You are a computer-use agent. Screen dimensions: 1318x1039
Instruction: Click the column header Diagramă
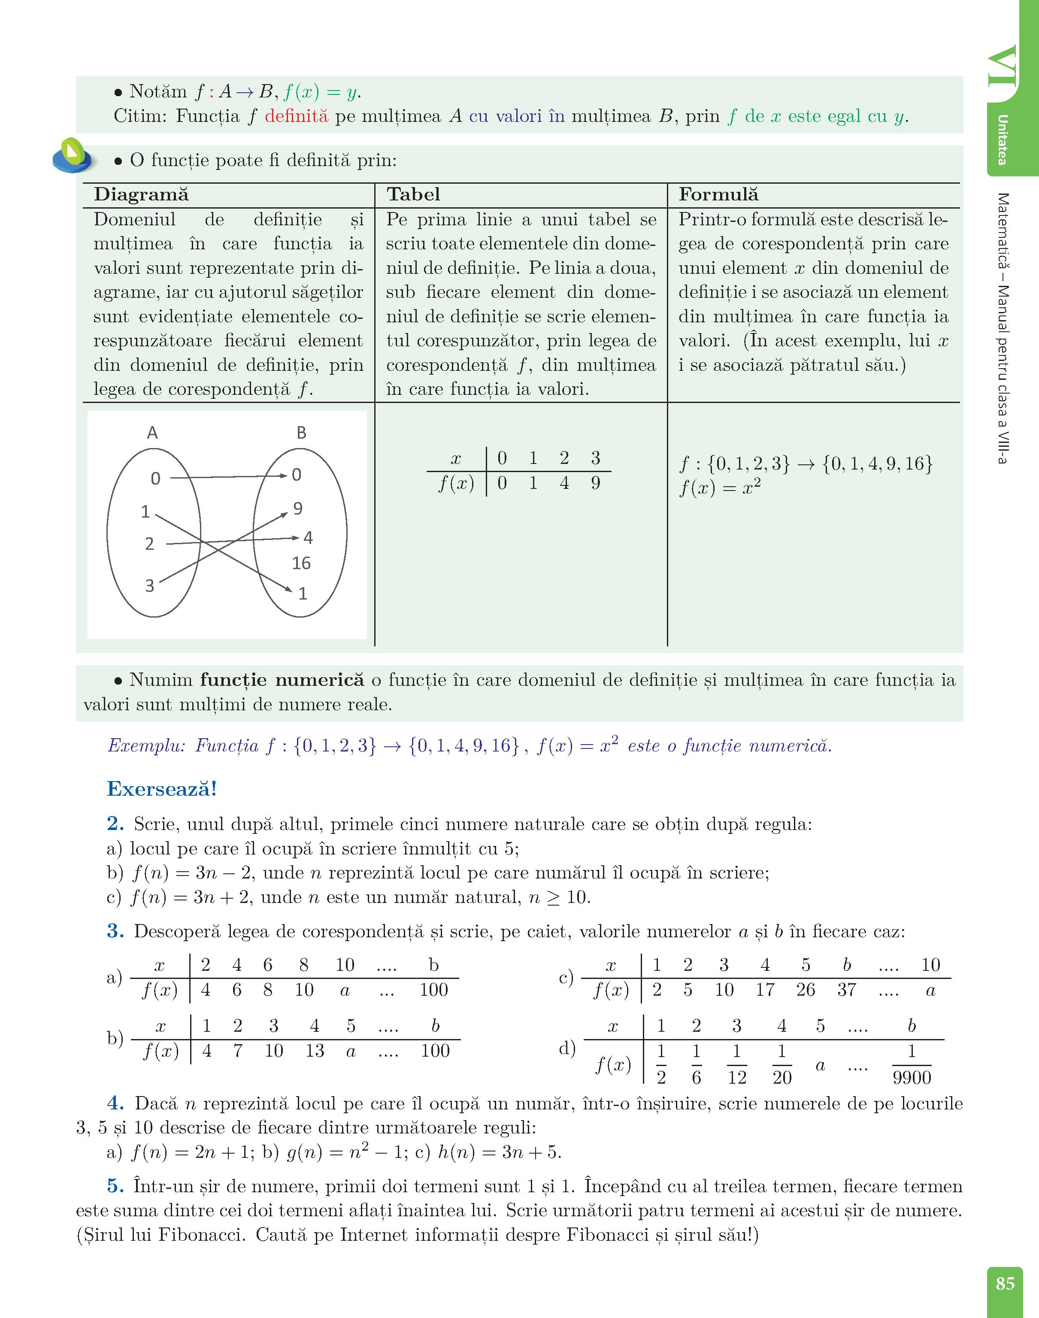pyautogui.click(x=141, y=194)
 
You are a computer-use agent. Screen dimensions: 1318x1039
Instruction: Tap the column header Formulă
pyautogui.click(x=718, y=194)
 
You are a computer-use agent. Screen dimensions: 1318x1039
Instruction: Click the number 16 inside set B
pyautogui.click(x=301, y=563)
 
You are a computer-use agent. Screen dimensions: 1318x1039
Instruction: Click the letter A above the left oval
pyautogui.click(x=152, y=433)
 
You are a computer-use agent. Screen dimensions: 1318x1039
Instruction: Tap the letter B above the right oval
pyautogui.click(x=301, y=433)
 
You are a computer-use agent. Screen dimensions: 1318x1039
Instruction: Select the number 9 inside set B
pyautogui.click(x=297, y=509)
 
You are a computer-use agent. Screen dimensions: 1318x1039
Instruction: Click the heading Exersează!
pyautogui.click(x=162, y=789)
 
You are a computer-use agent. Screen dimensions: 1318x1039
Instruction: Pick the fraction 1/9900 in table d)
pyautogui.click(x=911, y=1064)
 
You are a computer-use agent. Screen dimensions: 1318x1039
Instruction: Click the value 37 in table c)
pyautogui.click(x=846, y=990)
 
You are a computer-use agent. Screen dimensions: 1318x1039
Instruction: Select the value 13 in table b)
pyautogui.click(x=315, y=1051)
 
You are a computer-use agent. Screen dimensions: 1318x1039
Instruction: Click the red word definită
pyautogui.click(x=296, y=116)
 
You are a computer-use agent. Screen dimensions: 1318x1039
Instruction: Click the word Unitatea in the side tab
pyautogui.click(x=1003, y=140)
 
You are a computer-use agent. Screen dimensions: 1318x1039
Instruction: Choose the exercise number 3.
pyautogui.click(x=115, y=931)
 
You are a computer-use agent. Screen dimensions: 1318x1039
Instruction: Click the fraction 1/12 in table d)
pyautogui.click(x=737, y=1064)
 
